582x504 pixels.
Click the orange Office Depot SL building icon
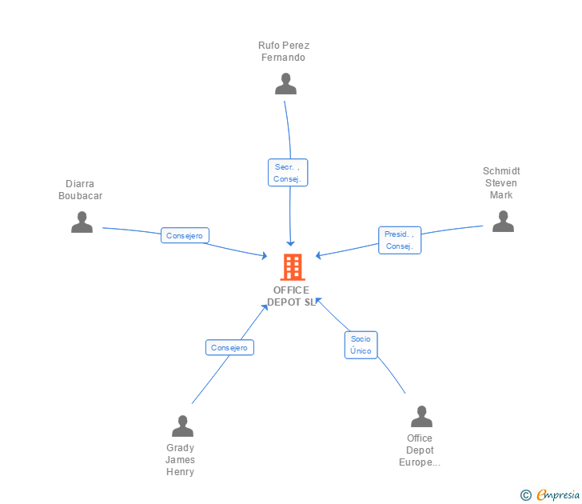coord(292,266)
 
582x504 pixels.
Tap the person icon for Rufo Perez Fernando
coord(285,84)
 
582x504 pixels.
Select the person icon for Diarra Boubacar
coord(82,222)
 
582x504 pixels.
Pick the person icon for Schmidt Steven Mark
coord(503,222)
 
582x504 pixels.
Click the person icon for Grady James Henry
coord(182,426)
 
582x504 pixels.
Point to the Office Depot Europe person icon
coord(421,417)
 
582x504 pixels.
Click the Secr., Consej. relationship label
coord(288,173)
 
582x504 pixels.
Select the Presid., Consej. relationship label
coord(399,240)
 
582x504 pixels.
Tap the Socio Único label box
coord(361,345)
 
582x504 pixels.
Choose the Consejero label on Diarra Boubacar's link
coord(185,236)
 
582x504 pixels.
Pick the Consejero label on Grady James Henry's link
coord(230,347)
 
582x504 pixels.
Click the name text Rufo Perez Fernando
coord(284,51)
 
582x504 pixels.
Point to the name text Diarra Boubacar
coord(80,190)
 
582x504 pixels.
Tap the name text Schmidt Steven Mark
coord(501,183)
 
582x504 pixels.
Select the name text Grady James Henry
coord(181,459)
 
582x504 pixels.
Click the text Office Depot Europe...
coord(420,450)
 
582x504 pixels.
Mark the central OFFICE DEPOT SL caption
coord(291,296)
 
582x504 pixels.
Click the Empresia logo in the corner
coord(558,495)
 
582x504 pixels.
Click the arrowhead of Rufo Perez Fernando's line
coord(290,242)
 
